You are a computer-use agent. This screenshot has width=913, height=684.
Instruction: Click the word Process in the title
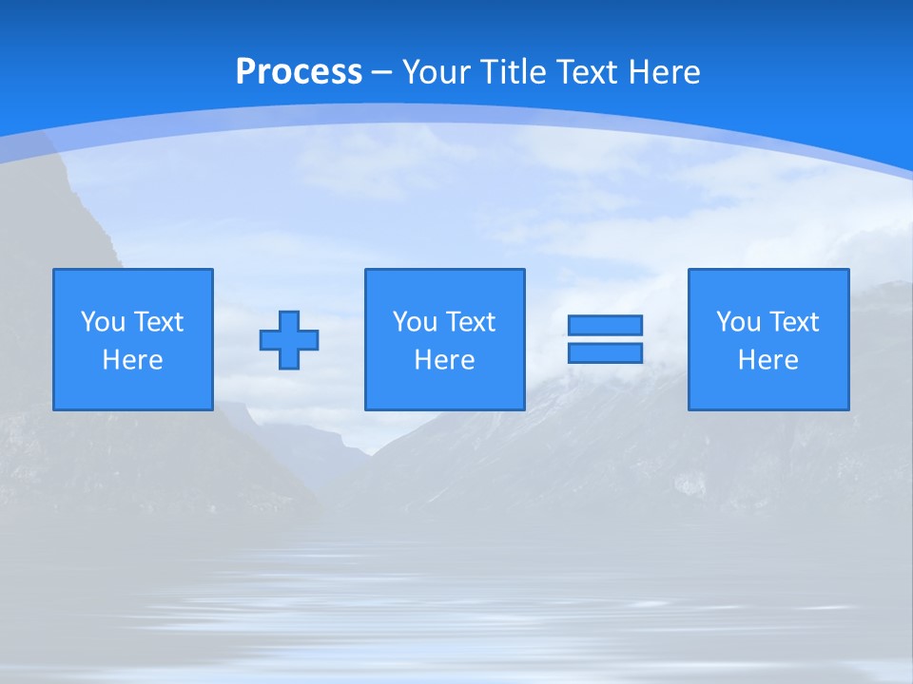[x=299, y=72]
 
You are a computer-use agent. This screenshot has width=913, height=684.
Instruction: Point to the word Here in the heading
[x=666, y=72]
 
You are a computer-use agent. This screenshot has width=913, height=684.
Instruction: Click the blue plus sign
[x=289, y=340]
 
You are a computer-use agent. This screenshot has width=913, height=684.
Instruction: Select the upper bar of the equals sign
[x=605, y=325]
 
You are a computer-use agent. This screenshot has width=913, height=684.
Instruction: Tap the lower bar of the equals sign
[x=605, y=352]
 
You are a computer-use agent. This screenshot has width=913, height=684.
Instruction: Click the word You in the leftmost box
[x=103, y=322]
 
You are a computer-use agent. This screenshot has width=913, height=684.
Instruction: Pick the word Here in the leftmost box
[x=132, y=360]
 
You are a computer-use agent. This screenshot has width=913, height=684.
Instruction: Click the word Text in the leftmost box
[x=157, y=322]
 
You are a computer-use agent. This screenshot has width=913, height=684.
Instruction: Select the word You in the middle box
[x=415, y=322]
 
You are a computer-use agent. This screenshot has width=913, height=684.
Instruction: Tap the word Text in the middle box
[x=469, y=322]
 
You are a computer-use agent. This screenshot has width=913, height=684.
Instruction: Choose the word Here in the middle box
[x=444, y=360]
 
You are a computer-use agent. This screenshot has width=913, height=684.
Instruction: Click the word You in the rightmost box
[x=738, y=322]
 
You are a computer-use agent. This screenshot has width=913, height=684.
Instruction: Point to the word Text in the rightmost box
[x=792, y=322]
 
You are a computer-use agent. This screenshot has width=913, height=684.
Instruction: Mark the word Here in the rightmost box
[x=767, y=360]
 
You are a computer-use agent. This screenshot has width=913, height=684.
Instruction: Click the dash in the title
[x=381, y=72]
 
